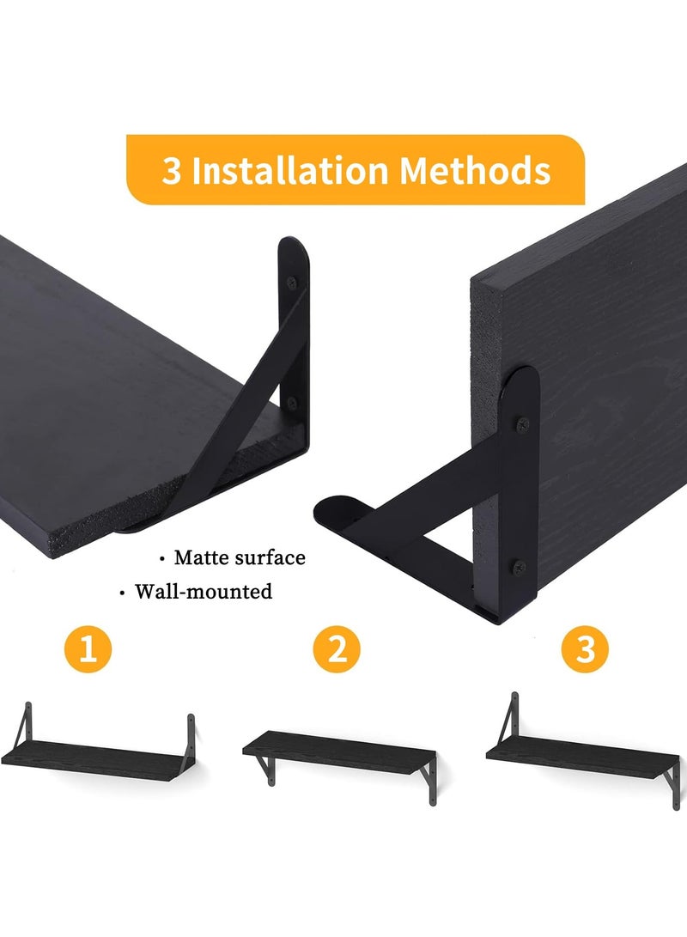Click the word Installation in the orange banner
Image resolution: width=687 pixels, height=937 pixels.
click(289, 170)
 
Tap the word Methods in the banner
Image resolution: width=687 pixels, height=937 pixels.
click(475, 170)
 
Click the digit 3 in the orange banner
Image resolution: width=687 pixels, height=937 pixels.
click(172, 171)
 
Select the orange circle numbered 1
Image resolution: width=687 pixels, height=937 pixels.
click(88, 649)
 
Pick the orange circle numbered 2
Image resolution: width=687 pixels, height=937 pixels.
click(337, 649)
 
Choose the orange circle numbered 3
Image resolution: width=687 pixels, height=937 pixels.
click(586, 649)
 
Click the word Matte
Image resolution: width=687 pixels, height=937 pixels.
click(201, 557)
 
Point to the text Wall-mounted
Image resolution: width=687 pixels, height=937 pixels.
click(204, 592)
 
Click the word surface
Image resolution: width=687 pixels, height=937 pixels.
click(270, 557)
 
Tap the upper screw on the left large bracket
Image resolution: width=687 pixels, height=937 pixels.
click(291, 282)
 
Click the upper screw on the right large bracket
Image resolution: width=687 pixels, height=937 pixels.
click(523, 423)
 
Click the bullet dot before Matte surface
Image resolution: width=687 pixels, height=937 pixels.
click(162, 559)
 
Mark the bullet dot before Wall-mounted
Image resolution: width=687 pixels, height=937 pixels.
click(122, 593)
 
